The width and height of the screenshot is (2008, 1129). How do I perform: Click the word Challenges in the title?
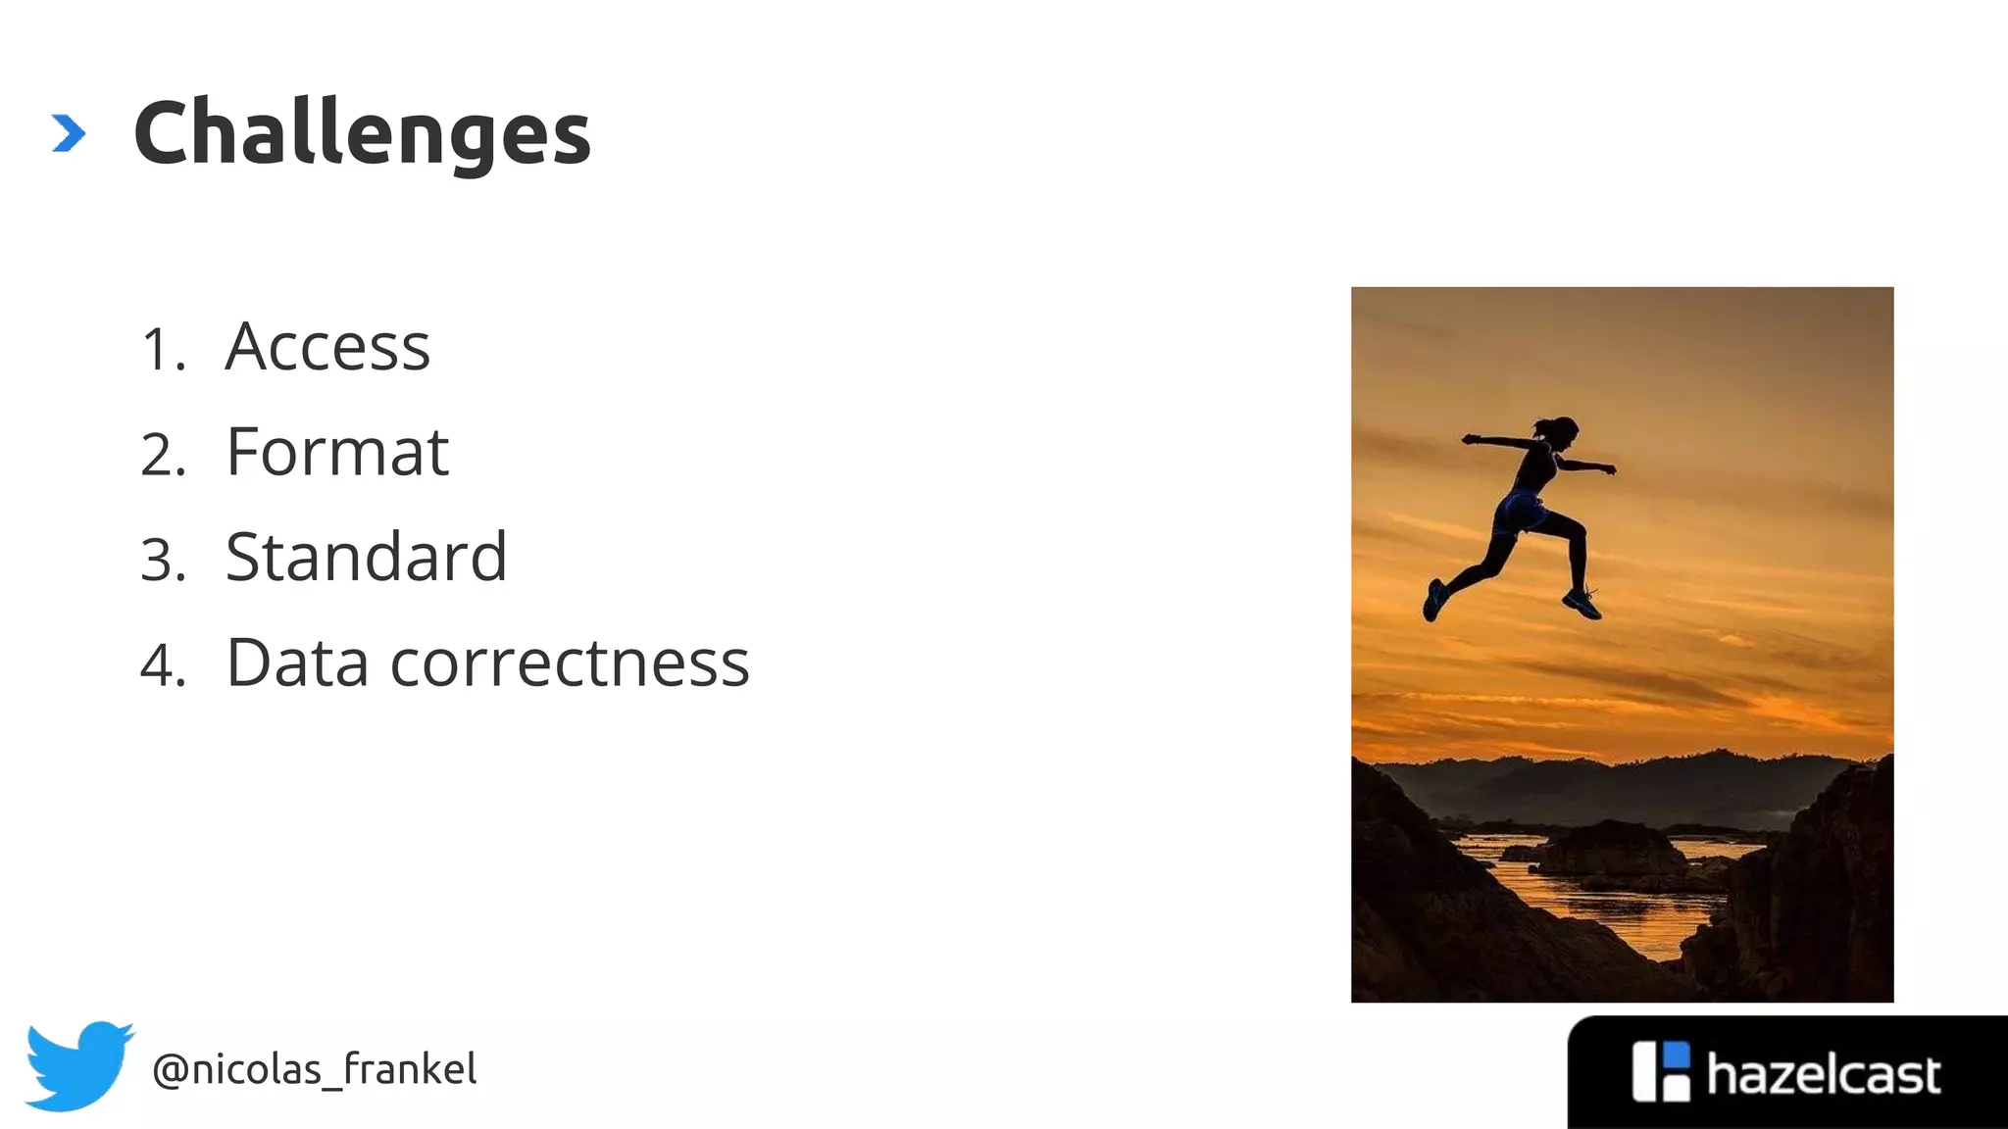pos(362,134)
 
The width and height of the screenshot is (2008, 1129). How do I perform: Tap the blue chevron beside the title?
pos(68,134)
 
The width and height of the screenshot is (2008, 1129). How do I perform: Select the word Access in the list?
pos(327,347)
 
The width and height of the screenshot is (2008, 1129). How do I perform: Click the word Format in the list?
pos(337,453)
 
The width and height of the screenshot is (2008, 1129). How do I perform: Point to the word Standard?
pos(366,558)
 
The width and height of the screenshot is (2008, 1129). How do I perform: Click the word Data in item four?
pos(297,663)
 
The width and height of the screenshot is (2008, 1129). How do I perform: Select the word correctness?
pos(570,663)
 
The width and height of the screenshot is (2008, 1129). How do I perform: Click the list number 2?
pos(162,456)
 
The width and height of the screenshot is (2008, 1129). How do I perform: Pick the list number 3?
pos(162,561)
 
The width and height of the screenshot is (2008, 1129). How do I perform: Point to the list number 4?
pos(162,666)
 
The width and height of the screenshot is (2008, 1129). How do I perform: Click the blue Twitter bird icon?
pos(78,1065)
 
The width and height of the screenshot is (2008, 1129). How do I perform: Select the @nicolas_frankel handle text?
pos(314,1069)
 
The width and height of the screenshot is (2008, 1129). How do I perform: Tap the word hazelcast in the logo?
pos(1823,1075)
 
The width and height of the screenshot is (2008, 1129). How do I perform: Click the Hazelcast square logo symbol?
pos(1660,1071)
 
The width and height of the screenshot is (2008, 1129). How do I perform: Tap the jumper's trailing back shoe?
pos(1434,600)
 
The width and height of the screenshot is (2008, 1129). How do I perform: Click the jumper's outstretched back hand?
pos(1470,439)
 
